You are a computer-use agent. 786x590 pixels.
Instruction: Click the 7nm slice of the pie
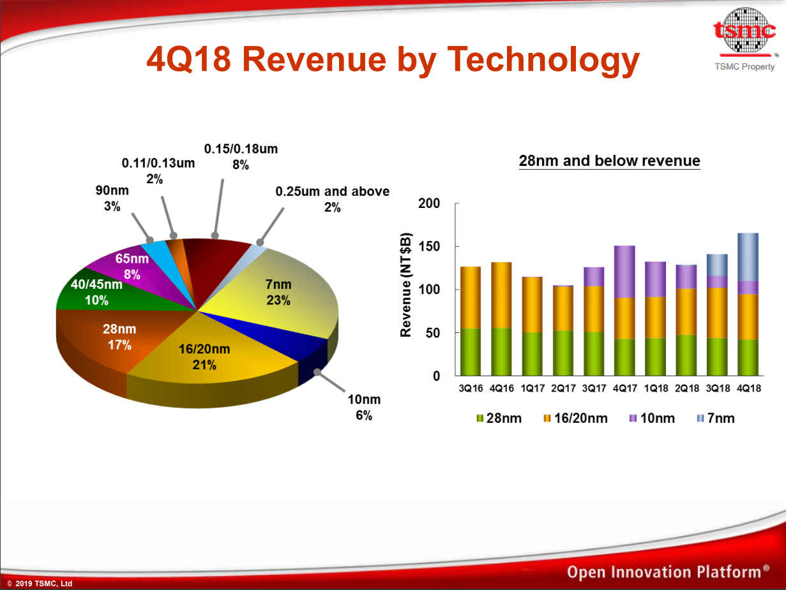[x=278, y=292]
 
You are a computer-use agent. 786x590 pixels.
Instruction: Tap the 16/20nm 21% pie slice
[x=205, y=357]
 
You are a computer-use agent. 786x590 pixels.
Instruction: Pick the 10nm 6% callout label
[x=363, y=407]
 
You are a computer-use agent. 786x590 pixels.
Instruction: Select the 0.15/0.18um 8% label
[x=241, y=156]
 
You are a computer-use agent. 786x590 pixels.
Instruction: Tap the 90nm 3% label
[x=112, y=199]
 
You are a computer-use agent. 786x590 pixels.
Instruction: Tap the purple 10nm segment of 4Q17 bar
[x=624, y=272]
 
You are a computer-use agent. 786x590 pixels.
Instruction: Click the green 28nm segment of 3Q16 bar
[x=471, y=351]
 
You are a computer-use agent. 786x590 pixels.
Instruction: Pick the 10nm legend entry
[x=651, y=418]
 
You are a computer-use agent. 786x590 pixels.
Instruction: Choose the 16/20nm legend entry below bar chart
[x=575, y=418]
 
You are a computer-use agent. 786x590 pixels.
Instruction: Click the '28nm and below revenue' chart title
[x=609, y=161]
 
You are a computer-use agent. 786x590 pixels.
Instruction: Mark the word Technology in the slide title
[x=543, y=59]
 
